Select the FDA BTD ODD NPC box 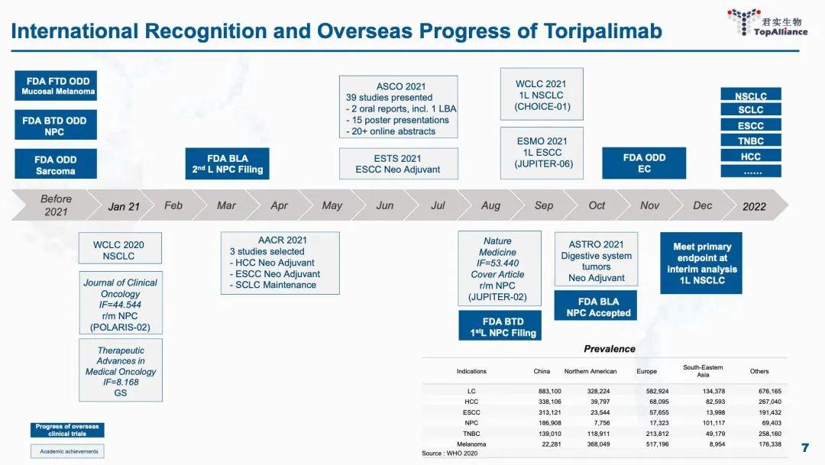click(56, 126)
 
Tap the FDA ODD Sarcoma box click(56, 165)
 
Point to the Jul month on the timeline click(438, 205)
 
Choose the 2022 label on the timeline click(754, 206)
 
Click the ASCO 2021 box click(399, 107)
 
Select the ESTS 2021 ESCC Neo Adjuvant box click(398, 163)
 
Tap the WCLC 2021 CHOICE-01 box click(542, 95)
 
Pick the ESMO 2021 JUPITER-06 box click(542, 153)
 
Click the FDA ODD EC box click(644, 163)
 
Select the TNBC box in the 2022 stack click(750, 140)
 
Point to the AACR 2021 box click(280, 263)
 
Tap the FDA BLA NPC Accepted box click(598, 307)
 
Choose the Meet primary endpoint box click(701, 263)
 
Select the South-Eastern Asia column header click(703, 371)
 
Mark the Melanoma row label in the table click(471, 444)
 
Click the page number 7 click(804, 447)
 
